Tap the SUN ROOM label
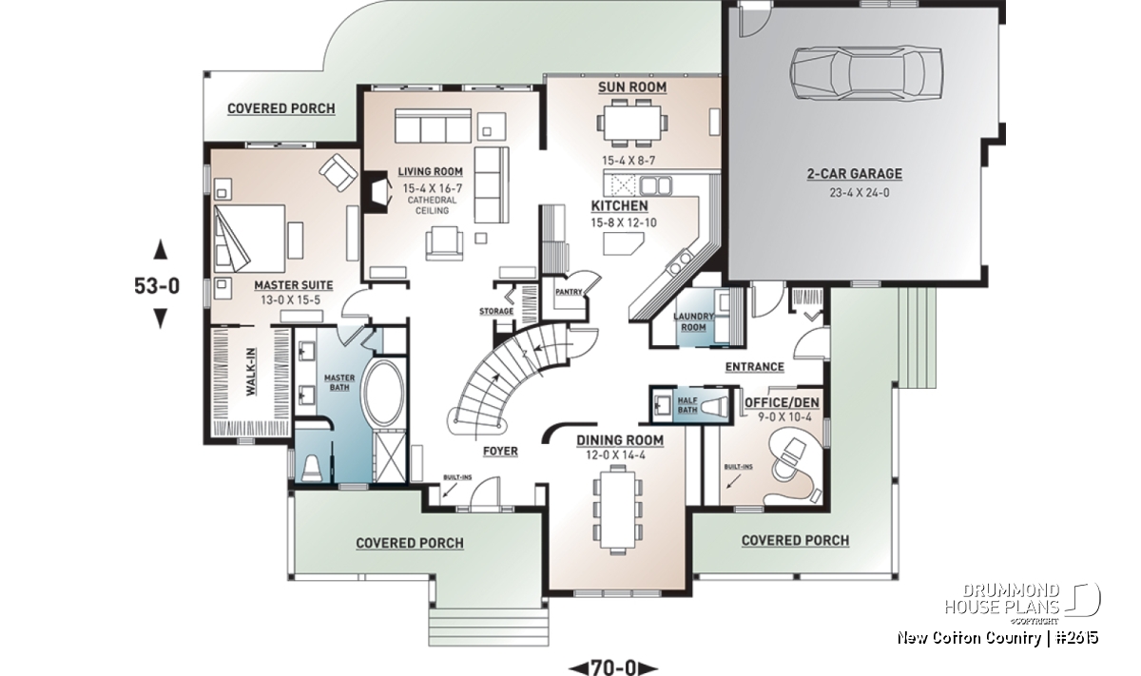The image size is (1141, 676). pos(632,87)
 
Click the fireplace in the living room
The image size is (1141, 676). pos(376,195)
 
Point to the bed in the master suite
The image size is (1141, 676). pos(249,239)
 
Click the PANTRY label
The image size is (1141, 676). pos(569,292)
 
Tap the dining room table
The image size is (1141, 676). pos(618,511)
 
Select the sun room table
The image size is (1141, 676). pos(632,123)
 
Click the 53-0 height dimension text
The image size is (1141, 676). pos(157,286)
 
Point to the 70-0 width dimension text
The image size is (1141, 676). pos(613,666)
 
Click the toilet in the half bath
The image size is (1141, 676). pos(715,407)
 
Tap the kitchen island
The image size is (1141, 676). pos(623,243)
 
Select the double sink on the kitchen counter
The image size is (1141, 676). pos(656,185)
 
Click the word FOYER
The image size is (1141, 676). pos(500,451)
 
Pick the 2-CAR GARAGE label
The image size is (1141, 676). pos(854,174)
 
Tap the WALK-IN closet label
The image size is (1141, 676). pos(251,372)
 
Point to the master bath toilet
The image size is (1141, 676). pos(311,469)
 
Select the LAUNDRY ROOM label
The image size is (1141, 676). pos(693,322)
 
